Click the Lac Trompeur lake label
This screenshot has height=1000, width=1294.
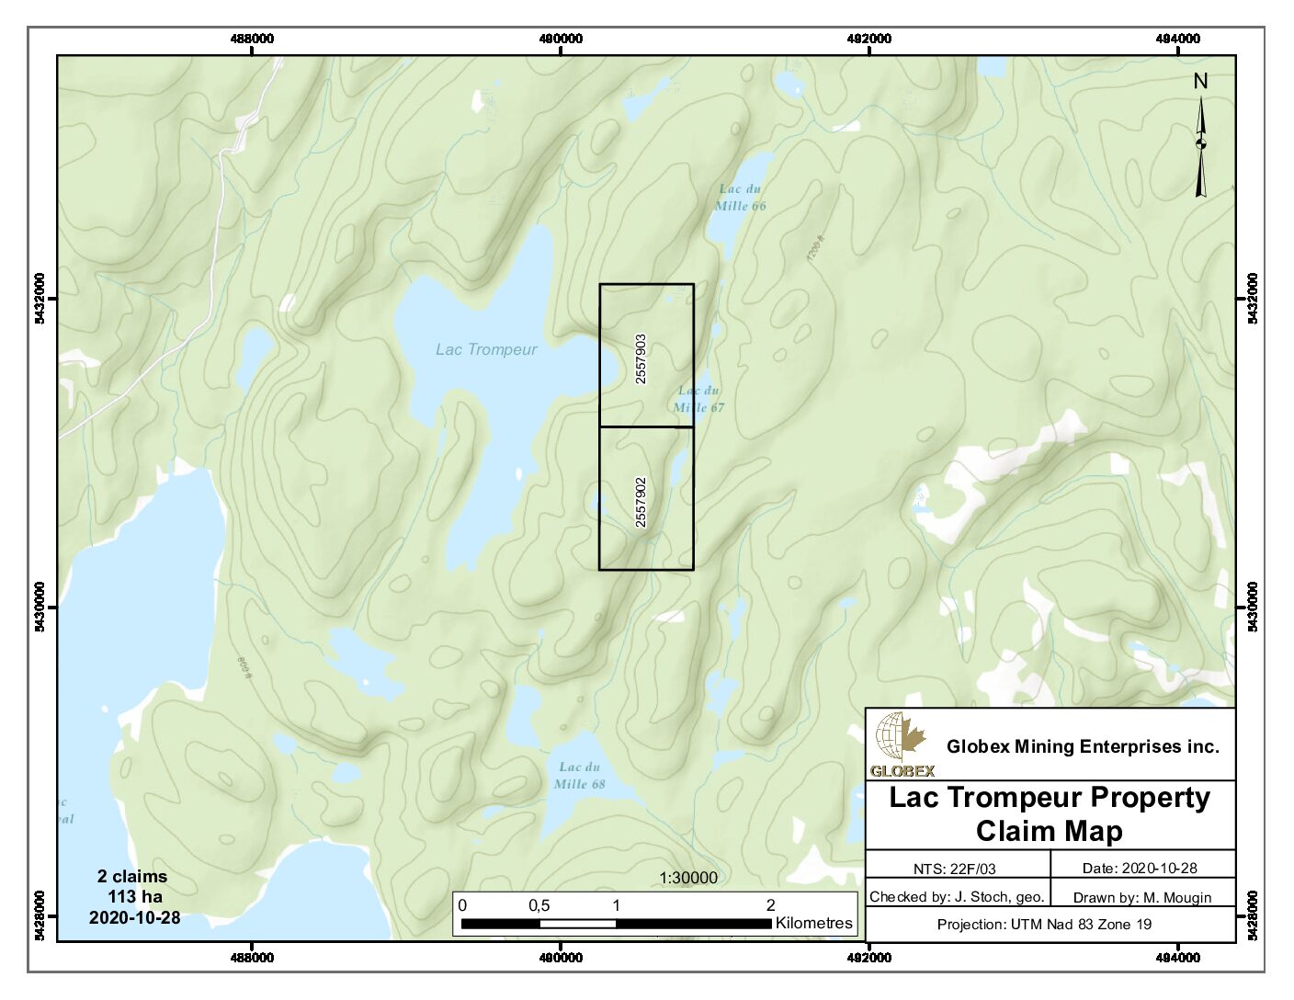click(486, 349)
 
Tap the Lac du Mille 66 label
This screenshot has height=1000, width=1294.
click(741, 198)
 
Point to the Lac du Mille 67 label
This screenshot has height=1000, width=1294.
click(698, 399)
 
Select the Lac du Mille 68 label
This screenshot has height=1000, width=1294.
click(580, 776)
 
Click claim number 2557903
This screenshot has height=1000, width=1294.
click(641, 358)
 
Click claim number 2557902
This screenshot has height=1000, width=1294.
click(641, 502)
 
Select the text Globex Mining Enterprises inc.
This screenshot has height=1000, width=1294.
click(1083, 746)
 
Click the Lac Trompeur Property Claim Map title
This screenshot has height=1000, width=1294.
click(1050, 814)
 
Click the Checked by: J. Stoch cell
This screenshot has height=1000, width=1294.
click(956, 897)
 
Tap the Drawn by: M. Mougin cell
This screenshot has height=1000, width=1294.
click(1142, 897)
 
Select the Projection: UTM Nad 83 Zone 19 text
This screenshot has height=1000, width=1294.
click(1044, 925)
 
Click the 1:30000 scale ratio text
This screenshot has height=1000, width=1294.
click(688, 878)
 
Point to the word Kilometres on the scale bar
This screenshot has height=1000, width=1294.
click(813, 923)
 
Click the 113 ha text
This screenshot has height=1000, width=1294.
click(135, 896)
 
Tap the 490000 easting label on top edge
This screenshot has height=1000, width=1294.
click(561, 39)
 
